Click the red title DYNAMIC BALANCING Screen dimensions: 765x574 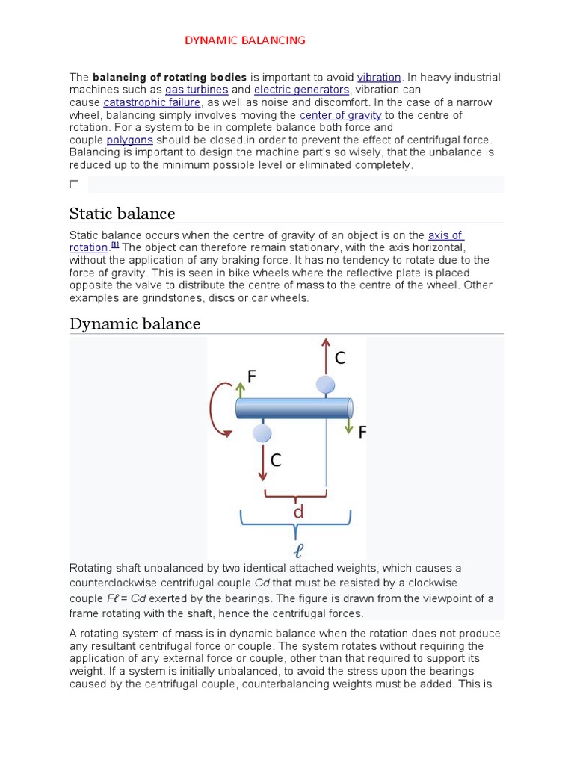pos(245,40)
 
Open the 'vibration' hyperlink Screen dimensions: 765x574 pos(379,78)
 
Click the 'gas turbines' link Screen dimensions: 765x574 pos(197,90)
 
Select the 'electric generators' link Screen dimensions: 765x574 pos(301,90)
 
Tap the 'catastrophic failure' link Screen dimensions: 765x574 pos(152,102)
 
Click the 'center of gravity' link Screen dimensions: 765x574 pos(340,115)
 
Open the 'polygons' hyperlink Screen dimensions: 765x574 pos(129,140)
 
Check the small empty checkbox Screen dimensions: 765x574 pos(74,184)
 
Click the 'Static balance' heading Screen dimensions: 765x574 pos(122,214)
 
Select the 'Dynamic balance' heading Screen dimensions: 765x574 pos(135,323)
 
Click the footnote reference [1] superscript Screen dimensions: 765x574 pos(115,245)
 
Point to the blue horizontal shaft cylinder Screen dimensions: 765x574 pos(294,409)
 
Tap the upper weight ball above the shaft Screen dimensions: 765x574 pos(325,385)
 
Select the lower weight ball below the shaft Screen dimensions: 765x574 pos(262,433)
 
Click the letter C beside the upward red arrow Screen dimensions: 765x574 pos(340,359)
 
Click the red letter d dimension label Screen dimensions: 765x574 pos(298,512)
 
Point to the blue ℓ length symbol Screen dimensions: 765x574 pos(298,551)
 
